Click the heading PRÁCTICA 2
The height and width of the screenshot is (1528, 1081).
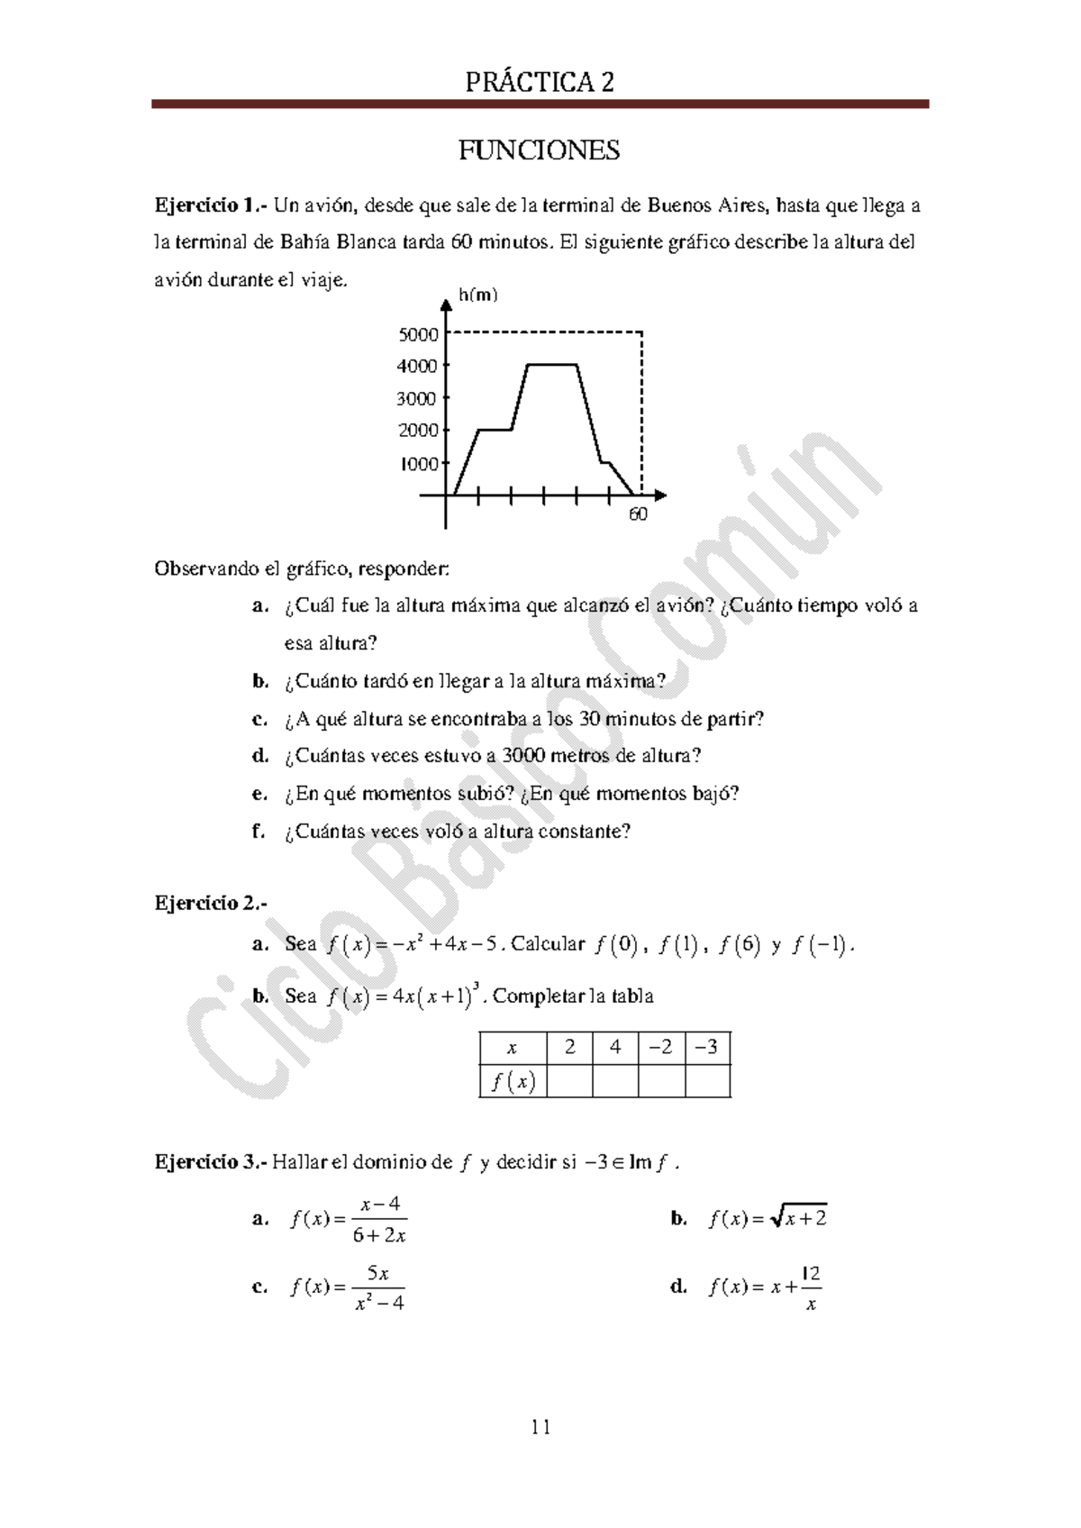[x=540, y=83]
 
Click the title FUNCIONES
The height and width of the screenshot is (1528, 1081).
[x=539, y=150]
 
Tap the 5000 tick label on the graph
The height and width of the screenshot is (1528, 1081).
[x=418, y=334]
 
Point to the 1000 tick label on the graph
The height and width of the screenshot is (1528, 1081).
[x=419, y=464]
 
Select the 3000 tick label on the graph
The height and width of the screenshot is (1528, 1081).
[x=417, y=398]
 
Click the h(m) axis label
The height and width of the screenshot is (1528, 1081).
[x=477, y=295]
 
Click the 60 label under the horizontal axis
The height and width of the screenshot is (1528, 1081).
[x=638, y=514]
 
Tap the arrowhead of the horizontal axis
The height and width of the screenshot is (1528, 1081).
[x=661, y=495]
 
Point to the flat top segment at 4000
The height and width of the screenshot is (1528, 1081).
[x=551, y=365]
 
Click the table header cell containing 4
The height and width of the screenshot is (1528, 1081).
[x=615, y=1048]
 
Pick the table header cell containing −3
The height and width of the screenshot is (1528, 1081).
[x=707, y=1048]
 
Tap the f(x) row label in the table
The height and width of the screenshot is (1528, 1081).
[x=513, y=1081]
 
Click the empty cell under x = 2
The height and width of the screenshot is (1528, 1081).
[x=569, y=1081]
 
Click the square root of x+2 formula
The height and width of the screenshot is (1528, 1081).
[x=793, y=1219]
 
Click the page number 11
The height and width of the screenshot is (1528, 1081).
[x=540, y=1427]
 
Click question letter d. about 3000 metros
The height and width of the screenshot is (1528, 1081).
[x=260, y=756]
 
